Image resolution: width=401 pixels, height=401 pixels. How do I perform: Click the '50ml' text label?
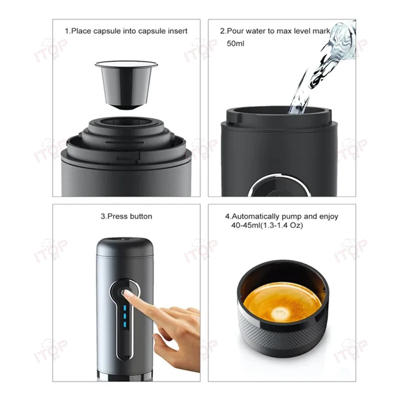[x=235, y=43]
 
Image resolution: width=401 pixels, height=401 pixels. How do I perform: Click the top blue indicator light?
[x=125, y=308]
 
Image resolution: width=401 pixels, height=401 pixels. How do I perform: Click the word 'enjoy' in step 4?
[x=328, y=217]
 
